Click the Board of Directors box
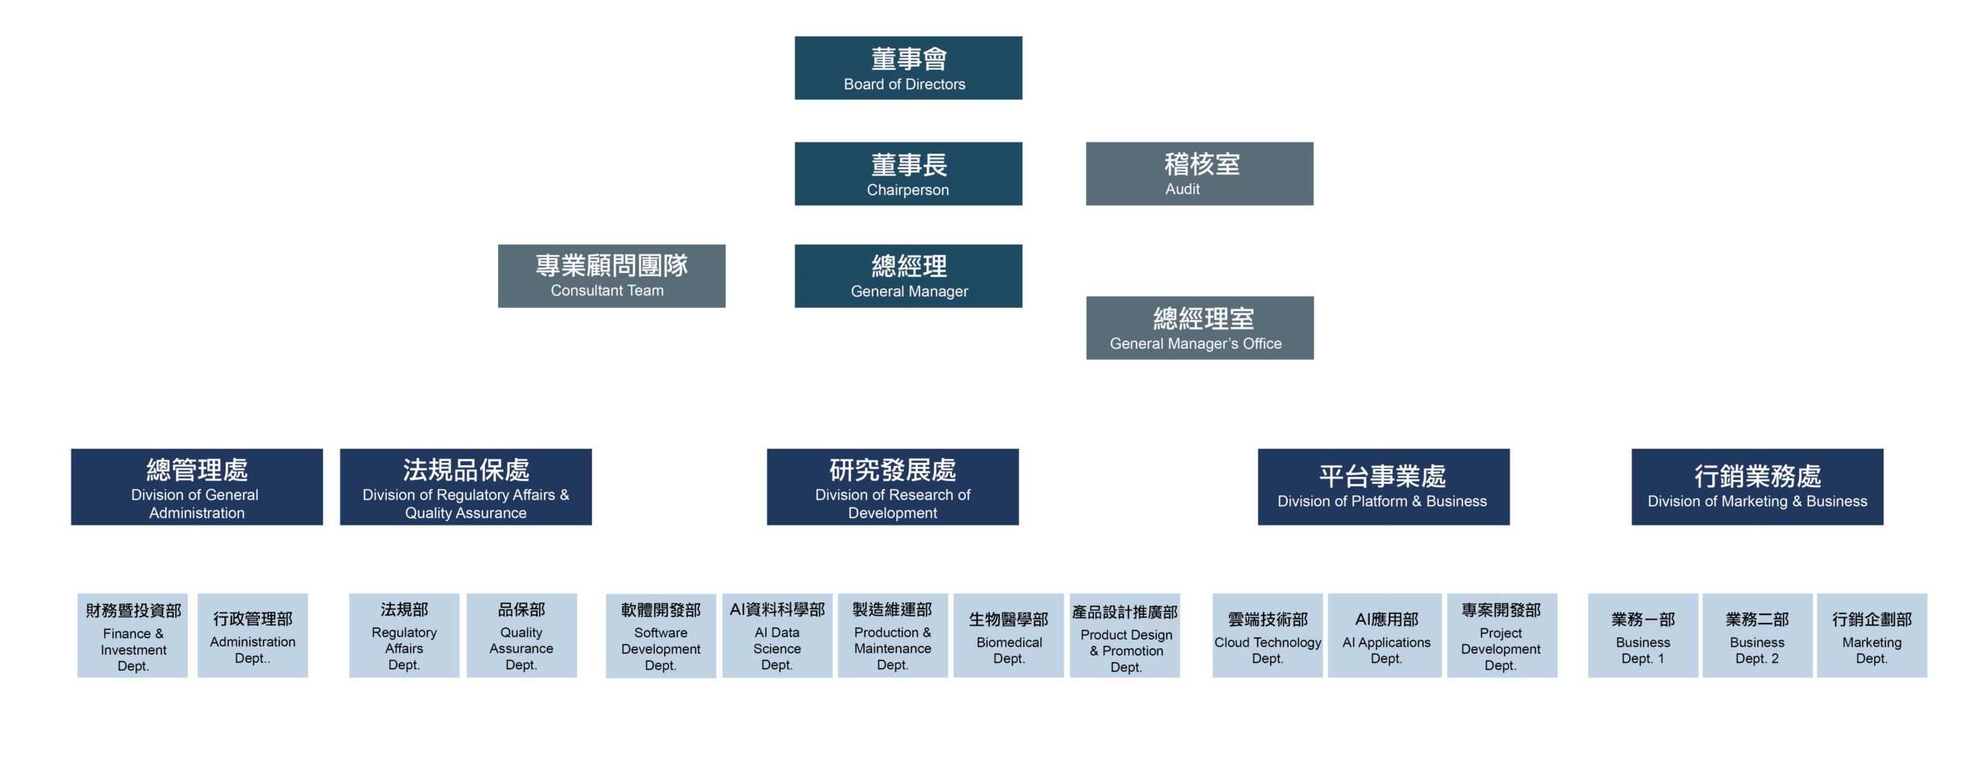point(908,67)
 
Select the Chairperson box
point(908,173)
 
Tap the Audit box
point(1199,173)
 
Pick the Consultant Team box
point(611,276)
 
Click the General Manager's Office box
point(1199,327)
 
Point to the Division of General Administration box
point(196,486)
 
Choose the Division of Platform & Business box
point(1383,486)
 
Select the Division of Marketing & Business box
point(1757,486)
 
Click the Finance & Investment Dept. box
point(133,635)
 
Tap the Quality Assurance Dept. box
point(521,635)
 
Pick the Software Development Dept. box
point(660,635)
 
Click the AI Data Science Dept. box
point(777,635)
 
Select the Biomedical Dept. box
point(1009,635)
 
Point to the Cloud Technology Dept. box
point(1268,635)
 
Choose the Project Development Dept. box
point(1501,635)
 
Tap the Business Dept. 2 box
point(1757,635)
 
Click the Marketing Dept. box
point(1871,635)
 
